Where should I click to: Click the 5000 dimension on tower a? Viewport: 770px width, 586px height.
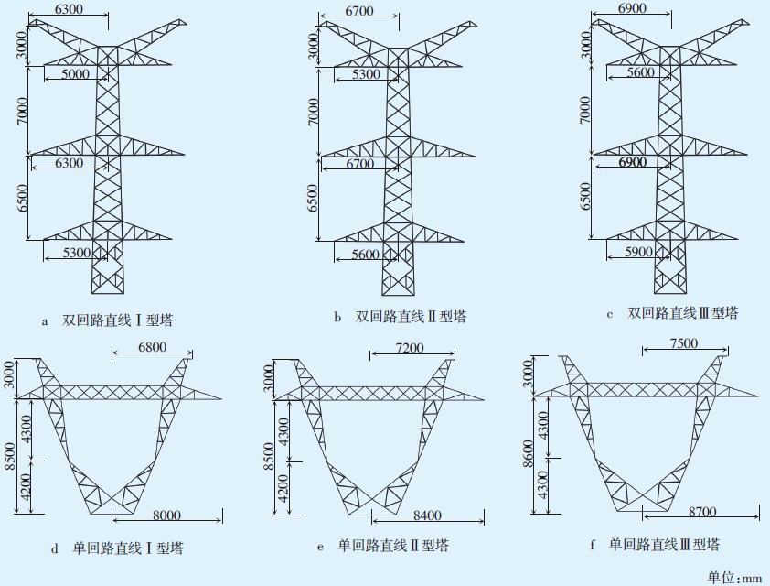coord(75,73)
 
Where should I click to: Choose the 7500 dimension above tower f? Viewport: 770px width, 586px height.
coord(684,343)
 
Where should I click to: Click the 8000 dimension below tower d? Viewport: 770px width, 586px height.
coord(166,515)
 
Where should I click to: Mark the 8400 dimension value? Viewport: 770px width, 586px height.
coord(428,515)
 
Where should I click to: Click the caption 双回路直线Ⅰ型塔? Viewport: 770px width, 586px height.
coord(118,320)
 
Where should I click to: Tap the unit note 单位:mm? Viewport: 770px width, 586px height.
coord(734,577)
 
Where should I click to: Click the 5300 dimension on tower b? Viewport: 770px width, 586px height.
coord(366,73)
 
